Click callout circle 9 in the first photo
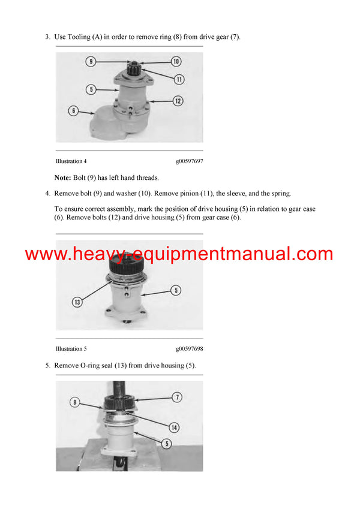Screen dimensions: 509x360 coord(90,61)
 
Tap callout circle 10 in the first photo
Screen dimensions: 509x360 coord(176,61)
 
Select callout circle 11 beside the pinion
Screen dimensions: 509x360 coord(179,79)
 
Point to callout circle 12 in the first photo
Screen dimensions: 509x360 coord(178,101)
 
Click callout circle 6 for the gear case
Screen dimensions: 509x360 coord(73,111)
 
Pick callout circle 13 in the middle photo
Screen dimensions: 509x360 coord(77,302)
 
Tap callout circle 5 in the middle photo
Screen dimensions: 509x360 coord(176,291)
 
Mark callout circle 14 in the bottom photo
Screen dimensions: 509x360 coord(174,427)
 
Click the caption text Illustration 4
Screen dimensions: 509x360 coord(71,161)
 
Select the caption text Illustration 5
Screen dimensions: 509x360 coord(71,348)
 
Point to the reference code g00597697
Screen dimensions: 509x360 coord(189,161)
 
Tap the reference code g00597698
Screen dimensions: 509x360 coord(189,348)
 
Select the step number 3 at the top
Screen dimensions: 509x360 coord(47,37)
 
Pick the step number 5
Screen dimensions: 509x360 coord(47,365)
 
